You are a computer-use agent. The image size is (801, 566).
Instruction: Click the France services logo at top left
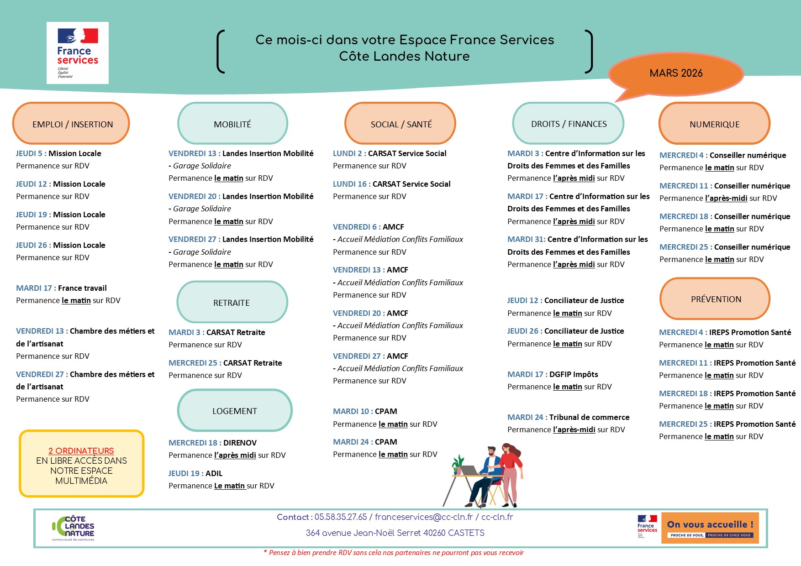[x=78, y=53]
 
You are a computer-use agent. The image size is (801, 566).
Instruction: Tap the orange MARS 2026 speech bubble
[x=676, y=73]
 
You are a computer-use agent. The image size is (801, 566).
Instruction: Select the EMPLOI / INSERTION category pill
[x=72, y=124]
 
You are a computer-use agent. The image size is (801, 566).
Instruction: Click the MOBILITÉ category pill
[x=232, y=124]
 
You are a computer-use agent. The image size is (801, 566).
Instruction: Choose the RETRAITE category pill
[x=232, y=303]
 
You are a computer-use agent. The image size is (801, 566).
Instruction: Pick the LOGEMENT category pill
[x=234, y=411]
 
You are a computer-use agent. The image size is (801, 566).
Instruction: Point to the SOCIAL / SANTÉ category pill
[x=400, y=124]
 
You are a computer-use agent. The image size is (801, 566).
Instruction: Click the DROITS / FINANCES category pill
[x=569, y=124]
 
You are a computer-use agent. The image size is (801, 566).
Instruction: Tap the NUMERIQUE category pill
[x=714, y=124]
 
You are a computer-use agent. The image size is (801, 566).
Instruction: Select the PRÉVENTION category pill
[x=715, y=299]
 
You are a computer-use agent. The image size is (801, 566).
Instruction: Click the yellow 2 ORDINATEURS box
[x=81, y=464]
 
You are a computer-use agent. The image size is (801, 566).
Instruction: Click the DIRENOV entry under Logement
[x=240, y=443]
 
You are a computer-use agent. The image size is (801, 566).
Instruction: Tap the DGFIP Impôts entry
[x=574, y=374]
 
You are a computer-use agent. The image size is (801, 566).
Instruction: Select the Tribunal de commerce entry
[x=589, y=417]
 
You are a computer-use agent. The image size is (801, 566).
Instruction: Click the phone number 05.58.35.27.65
[x=341, y=517]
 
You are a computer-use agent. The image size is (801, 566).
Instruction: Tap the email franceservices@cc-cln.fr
[x=424, y=517]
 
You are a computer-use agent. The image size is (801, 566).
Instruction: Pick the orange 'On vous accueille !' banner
[x=710, y=528]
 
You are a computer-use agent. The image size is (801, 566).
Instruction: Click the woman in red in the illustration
[x=511, y=470]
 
